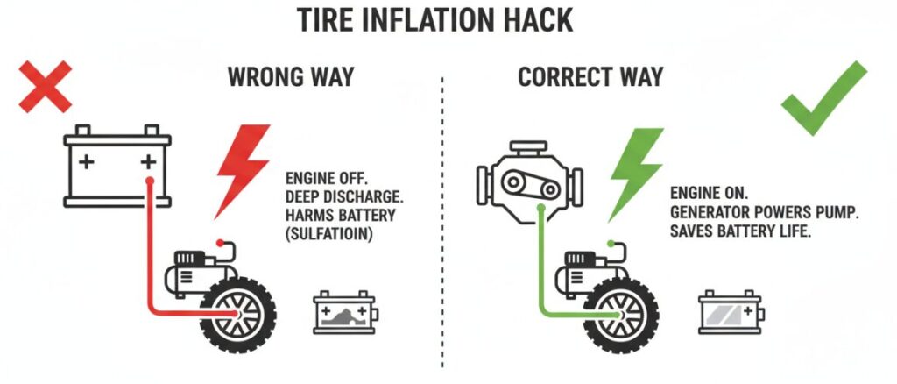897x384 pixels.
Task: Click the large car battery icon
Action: [117, 169]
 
